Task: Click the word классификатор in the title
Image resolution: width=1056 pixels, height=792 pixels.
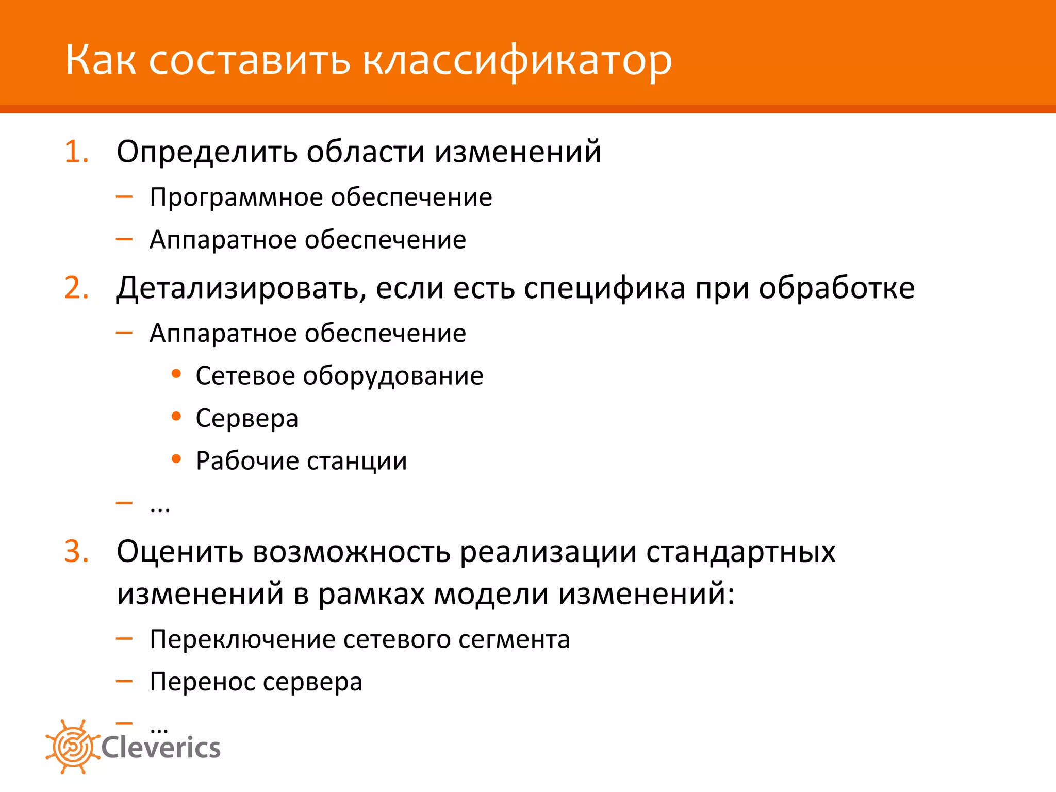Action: (x=517, y=61)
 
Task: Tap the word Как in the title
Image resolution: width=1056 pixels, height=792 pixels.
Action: (x=101, y=61)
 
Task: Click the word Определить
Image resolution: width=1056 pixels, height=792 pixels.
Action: (x=207, y=152)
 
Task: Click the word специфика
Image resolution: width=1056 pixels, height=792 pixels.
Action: (x=604, y=288)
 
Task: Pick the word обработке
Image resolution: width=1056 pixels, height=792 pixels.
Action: (x=836, y=288)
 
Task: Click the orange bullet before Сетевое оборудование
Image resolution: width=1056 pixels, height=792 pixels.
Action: (x=176, y=374)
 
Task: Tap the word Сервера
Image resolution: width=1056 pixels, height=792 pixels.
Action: (x=247, y=418)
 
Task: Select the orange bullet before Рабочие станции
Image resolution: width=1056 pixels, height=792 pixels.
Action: (x=176, y=459)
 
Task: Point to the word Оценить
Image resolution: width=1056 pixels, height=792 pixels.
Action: (x=179, y=551)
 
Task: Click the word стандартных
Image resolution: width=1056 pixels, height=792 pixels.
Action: (x=740, y=551)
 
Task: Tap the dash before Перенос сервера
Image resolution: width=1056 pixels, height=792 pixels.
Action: (x=124, y=681)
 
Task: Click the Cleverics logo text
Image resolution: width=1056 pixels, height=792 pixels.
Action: (x=161, y=748)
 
